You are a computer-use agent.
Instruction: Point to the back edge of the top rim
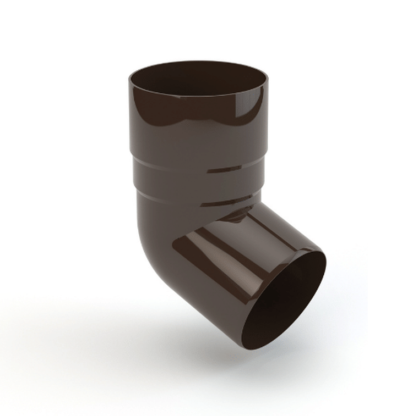pyautogui.click(x=198, y=62)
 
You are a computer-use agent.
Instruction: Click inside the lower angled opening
pyautogui.click(x=286, y=302)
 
